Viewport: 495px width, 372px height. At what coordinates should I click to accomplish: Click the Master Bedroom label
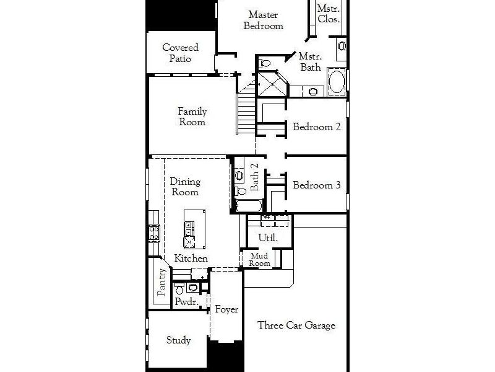coord(264,20)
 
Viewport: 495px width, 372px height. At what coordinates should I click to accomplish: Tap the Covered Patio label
coord(180,53)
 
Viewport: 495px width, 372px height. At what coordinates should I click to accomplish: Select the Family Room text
coord(192,117)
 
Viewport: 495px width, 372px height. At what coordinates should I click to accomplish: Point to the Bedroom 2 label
coord(317,127)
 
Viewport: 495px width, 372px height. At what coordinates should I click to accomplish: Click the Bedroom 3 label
coord(317,185)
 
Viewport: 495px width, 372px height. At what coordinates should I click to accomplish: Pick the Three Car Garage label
coord(296,325)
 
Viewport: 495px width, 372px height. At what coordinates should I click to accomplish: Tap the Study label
coord(178,340)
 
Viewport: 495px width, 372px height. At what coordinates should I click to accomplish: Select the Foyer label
coord(226,309)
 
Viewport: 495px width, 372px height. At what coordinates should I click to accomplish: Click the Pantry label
coord(161,283)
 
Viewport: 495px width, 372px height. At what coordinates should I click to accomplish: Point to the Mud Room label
coord(259,260)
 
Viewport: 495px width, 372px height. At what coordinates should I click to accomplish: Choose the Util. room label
coord(268,237)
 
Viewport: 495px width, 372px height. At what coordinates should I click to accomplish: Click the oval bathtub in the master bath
coord(337,81)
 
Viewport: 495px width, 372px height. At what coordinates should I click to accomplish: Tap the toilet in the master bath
coord(264,63)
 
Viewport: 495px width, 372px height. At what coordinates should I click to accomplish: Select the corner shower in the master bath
coord(272,84)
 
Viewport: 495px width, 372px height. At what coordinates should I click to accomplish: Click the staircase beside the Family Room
coord(246,107)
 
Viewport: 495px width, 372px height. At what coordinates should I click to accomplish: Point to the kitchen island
coord(194,229)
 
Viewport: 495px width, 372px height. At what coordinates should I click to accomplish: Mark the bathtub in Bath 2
coord(249,206)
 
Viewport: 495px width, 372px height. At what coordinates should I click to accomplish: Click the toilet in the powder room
coord(179,289)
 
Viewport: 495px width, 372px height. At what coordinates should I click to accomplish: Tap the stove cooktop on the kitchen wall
coord(154,233)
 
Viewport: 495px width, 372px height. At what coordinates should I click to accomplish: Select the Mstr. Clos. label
coord(329,14)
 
